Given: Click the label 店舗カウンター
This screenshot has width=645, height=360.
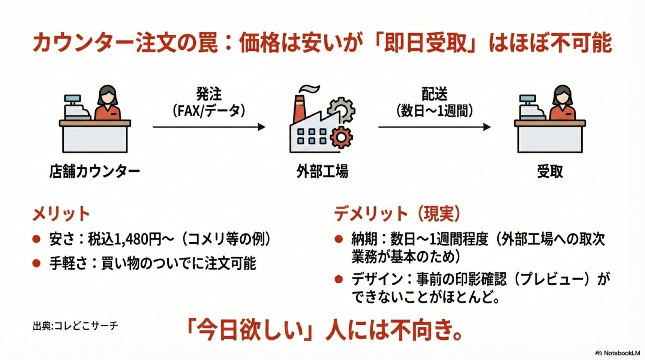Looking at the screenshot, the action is point(94,171).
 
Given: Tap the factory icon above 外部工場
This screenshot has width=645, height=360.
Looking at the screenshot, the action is point(322,120).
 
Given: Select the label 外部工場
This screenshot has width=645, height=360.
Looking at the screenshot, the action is point(322,171).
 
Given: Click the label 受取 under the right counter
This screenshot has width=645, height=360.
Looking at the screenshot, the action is point(550,171).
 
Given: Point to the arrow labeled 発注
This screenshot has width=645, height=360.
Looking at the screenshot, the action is point(209,127).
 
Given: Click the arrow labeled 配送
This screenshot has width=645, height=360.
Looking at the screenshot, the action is point(434,127).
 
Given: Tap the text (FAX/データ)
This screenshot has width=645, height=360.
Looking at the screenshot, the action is point(209,111).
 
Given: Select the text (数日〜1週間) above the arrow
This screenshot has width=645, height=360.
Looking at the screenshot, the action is point(435,111).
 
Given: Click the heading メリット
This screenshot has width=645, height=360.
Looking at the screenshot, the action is point(61,214).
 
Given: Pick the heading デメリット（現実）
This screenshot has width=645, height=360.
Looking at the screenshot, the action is point(397,214).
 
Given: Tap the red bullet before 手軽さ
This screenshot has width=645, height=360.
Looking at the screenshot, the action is point(36,263).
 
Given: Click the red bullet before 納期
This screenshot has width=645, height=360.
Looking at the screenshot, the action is point(339,239).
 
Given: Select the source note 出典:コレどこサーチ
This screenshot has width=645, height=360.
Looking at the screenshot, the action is point(75,325).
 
